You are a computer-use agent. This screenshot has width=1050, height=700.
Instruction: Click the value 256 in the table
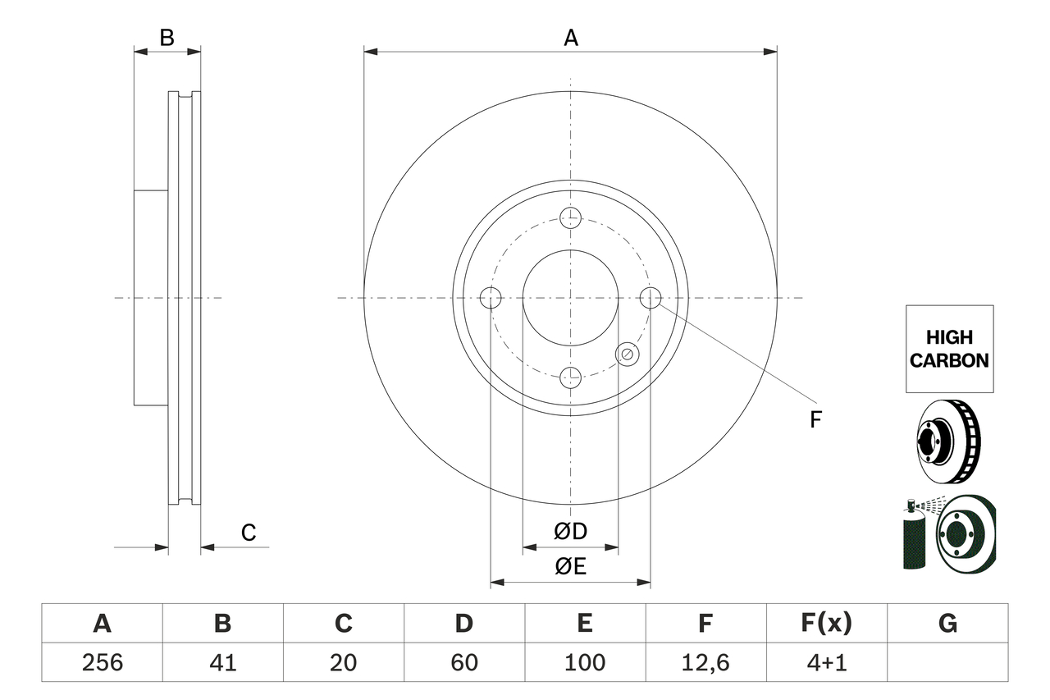click(x=102, y=662)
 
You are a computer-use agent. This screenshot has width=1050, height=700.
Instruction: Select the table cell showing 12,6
click(x=705, y=662)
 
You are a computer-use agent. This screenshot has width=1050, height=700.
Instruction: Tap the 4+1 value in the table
click(x=826, y=662)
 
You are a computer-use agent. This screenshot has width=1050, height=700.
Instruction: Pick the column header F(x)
click(x=826, y=624)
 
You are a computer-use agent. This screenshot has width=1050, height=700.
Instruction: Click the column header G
click(x=947, y=624)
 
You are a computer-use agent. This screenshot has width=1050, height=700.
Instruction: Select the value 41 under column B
click(x=222, y=662)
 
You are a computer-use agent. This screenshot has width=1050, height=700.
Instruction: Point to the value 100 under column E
click(x=585, y=662)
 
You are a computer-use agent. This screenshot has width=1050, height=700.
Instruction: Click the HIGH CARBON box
click(x=949, y=349)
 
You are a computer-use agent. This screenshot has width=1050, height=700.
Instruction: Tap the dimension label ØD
click(x=571, y=531)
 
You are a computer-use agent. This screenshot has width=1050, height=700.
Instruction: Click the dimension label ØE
click(x=571, y=566)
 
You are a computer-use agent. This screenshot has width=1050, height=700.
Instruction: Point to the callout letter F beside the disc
click(x=815, y=420)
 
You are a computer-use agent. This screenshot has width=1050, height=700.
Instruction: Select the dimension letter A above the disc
click(x=571, y=38)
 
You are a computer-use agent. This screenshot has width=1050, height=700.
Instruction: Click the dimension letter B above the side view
click(x=167, y=38)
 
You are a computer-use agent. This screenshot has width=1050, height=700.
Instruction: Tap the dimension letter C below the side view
click(x=249, y=533)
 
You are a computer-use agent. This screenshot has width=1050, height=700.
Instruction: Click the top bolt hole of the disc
click(x=570, y=217)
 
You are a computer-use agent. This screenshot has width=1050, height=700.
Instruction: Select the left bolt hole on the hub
click(x=491, y=298)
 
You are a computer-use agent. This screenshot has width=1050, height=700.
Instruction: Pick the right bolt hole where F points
click(x=651, y=298)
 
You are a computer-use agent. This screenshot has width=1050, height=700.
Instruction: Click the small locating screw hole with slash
click(x=627, y=354)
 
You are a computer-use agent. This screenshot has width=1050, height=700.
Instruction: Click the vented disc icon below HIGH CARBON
click(x=947, y=442)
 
